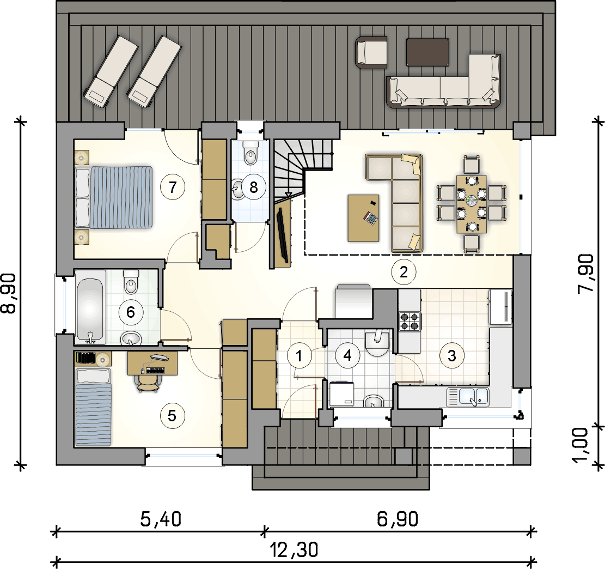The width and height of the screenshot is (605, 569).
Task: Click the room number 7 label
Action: tap(173, 187)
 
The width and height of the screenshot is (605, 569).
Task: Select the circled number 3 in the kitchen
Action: tap(451, 356)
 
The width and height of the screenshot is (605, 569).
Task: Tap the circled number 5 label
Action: tap(172, 416)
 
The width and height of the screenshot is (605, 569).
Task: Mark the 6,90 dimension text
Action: tap(398, 519)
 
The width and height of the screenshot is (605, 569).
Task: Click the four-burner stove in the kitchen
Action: tap(410, 320)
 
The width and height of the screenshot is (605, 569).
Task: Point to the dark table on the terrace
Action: tap(427, 51)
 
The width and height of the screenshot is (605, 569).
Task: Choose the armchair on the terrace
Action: tap(371, 53)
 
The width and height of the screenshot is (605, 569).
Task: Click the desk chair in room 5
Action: tap(148, 382)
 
